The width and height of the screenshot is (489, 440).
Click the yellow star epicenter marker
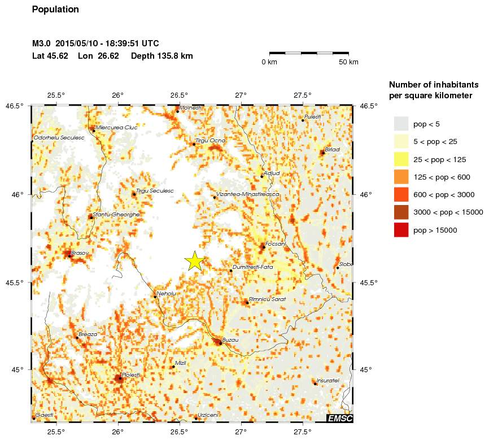194,261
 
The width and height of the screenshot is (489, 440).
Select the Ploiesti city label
130,374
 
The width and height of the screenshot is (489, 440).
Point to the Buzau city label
231,340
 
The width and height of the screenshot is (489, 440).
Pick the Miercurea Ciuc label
117,128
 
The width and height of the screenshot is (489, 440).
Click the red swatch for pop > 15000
401,230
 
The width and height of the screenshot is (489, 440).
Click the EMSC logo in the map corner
340,418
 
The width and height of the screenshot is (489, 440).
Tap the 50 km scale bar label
348,62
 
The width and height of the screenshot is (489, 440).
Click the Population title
56,10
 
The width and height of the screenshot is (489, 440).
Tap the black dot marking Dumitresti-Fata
231,271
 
